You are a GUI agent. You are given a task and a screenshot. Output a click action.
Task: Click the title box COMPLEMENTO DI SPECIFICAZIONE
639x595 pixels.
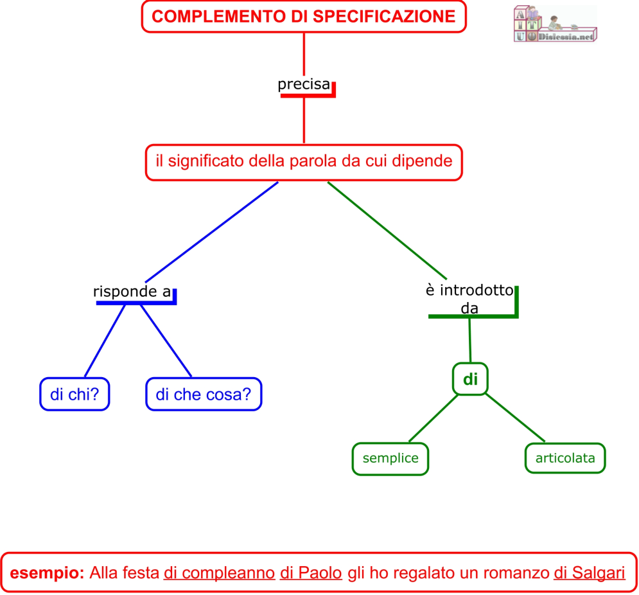tap(303, 17)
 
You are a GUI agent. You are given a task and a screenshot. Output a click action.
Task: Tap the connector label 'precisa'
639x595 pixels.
tap(304, 84)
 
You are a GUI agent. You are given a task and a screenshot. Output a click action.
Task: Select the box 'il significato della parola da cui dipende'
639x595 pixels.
tap(304, 161)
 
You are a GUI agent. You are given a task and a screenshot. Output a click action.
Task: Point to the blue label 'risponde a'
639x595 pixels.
tap(132, 292)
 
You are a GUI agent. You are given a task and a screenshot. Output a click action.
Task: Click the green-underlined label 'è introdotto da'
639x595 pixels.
tap(469, 299)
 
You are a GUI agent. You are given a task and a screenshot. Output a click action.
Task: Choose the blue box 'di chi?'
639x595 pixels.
tap(74, 394)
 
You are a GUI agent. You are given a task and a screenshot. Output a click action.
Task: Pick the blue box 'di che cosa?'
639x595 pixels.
tap(204, 394)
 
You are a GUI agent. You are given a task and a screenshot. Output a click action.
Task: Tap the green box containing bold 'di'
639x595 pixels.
tap(471, 379)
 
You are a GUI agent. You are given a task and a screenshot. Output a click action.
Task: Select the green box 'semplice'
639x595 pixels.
tap(390, 459)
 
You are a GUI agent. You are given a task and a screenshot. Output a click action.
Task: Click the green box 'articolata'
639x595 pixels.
tap(565, 458)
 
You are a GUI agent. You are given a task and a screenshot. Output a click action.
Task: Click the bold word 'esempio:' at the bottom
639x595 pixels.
tap(48, 572)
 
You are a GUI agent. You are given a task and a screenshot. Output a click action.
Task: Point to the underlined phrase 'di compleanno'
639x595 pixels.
tap(219, 572)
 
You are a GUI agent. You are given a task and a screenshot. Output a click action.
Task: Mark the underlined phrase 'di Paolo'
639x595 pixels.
tap(311, 572)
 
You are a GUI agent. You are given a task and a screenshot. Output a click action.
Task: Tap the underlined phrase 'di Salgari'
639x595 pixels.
tap(589, 572)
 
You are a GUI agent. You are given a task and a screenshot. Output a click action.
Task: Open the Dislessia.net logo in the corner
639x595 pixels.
tap(555, 24)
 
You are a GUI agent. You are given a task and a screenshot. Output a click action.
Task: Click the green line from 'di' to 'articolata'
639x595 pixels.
tap(515, 418)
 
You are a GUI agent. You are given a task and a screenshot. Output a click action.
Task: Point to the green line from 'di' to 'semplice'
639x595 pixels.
tap(433, 418)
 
